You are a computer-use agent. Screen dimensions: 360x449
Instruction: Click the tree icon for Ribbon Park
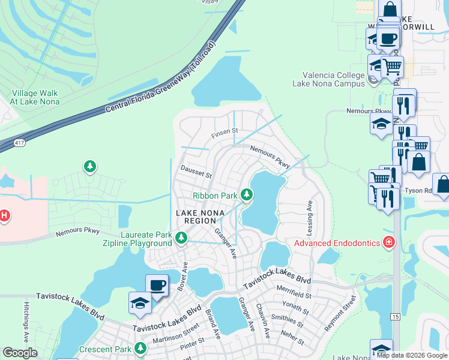coord(246,194)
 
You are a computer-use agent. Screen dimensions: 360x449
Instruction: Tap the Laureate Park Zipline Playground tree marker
coord(181,239)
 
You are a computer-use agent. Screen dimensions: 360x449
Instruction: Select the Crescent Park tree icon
coord(140,348)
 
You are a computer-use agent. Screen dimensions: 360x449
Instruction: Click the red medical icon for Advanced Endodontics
coord(389,242)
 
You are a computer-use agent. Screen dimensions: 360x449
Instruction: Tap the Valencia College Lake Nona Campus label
coord(328,79)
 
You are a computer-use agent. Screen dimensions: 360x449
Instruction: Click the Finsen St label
coord(226,130)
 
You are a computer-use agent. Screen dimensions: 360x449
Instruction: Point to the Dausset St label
coord(196,175)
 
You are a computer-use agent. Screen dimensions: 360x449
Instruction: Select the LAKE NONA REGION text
coord(200,217)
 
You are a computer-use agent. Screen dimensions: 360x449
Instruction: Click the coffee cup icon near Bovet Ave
coord(157,286)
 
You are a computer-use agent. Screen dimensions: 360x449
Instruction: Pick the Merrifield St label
coord(295,295)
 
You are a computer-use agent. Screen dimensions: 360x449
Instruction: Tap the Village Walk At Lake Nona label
coord(34,97)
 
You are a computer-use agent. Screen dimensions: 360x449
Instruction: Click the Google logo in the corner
coord(20,353)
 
